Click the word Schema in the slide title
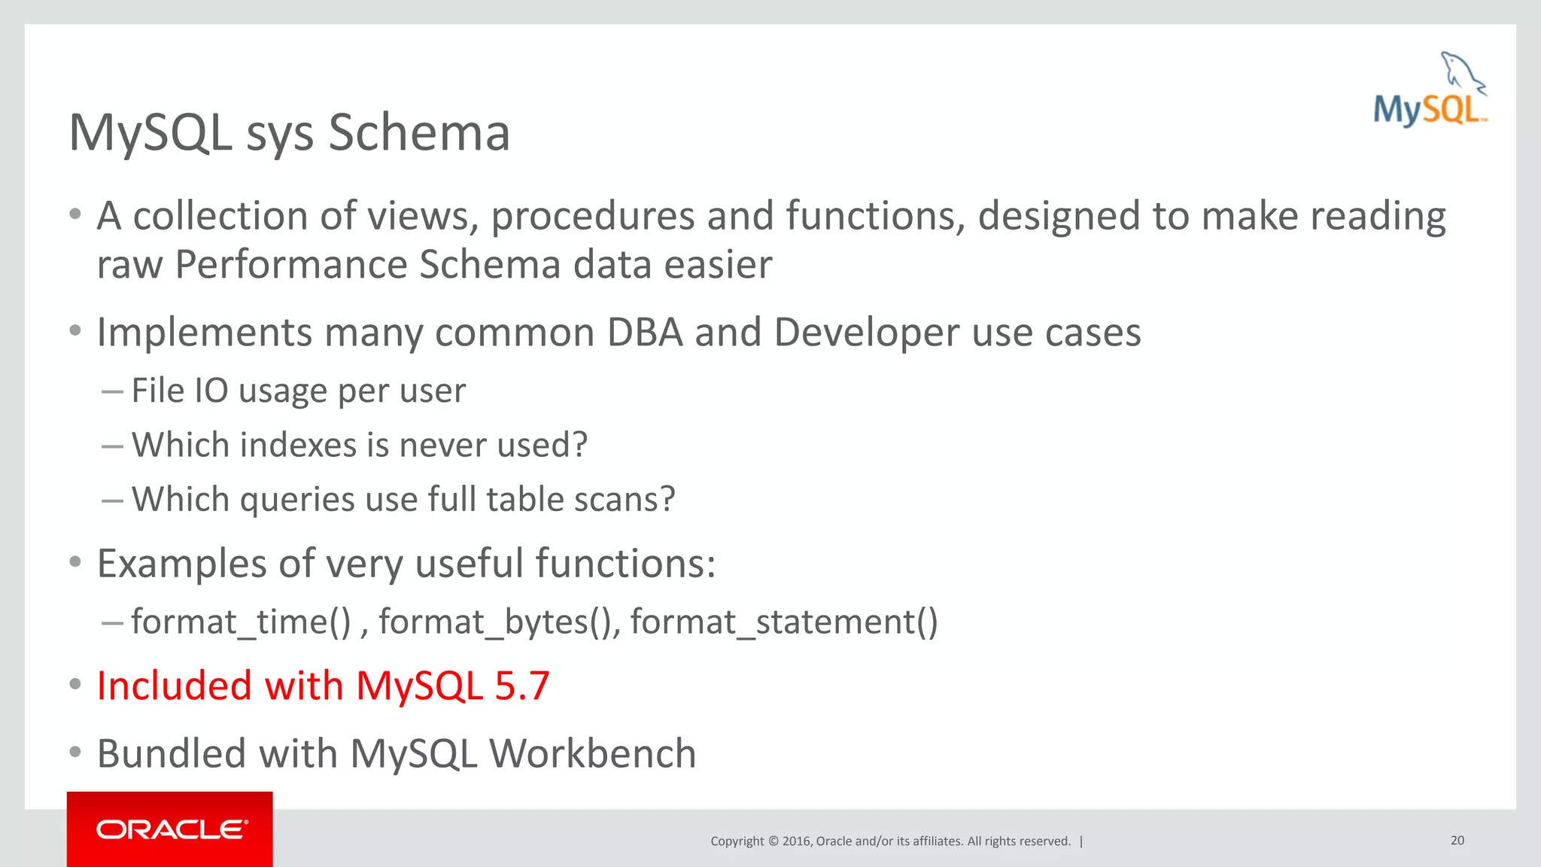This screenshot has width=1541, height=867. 418,132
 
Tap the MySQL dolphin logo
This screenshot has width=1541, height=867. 1430,90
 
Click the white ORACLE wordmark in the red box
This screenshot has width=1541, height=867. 172,829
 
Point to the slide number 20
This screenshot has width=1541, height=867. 1457,840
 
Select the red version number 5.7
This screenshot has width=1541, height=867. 522,686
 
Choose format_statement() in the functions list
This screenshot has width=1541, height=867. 784,622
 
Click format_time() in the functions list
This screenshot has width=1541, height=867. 242,622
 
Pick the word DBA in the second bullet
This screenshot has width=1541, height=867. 645,332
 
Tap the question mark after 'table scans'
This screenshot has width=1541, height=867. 667,499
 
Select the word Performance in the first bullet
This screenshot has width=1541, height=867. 290,264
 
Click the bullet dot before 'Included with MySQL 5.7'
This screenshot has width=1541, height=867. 74,684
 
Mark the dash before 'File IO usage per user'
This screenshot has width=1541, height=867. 112,391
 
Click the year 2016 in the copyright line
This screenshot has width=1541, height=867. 796,841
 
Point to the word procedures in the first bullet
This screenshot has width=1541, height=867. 592,216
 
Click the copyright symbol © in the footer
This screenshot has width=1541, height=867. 773,841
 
